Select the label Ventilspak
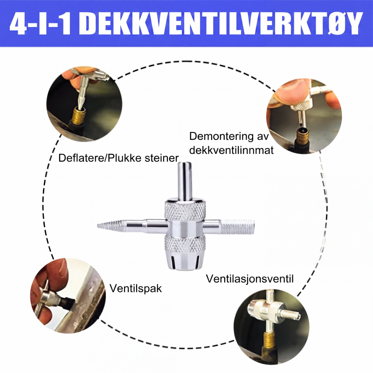point(136,289)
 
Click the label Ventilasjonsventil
point(250,279)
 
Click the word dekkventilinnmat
point(231,150)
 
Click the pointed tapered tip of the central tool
point(98,226)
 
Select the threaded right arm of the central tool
point(237,227)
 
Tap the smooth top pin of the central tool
point(185,181)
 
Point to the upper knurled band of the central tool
point(185,211)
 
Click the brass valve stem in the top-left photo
point(79,116)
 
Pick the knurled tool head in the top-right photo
point(301,104)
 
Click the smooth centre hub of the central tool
point(185,228)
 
